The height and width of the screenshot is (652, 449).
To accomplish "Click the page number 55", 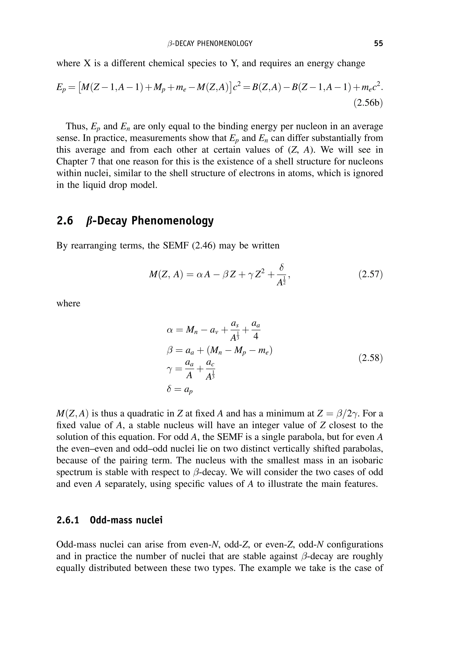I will point(378,43).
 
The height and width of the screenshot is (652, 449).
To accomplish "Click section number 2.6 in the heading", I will point(65,221).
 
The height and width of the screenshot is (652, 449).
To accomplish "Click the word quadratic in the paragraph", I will point(149,413).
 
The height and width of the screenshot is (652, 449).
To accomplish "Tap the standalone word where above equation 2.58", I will point(68,303).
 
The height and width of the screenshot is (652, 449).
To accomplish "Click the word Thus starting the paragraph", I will point(75,126).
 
